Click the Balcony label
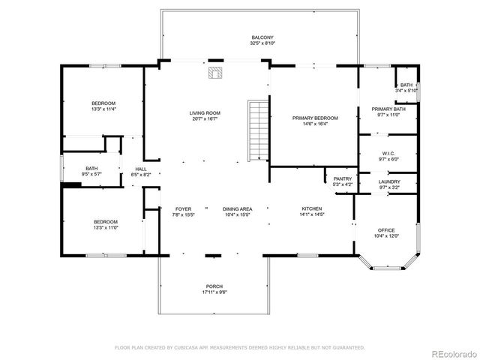pyautogui.click(x=262, y=40)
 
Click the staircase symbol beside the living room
pyautogui.click(x=258, y=130)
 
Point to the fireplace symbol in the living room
pyautogui.click(x=216, y=73)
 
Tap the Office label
pyautogui.click(x=386, y=232)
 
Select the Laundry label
pyautogui.click(x=388, y=184)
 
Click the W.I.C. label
pyautogui.click(x=388, y=156)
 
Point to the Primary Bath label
pyautogui.click(x=388, y=112)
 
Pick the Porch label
pyautogui.click(x=214, y=289)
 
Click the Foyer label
pyautogui.click(x=184, y=211)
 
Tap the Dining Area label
pyautogui.click(x=237, y=211)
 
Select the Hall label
pyautogui.click(x=141, y=171)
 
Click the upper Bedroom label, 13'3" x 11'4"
pyautogui.click(x=103, y=106)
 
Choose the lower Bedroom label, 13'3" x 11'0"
pyautogui.click(x=105, y=224)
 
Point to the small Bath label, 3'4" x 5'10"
pyautogui.click(x=406, y=88)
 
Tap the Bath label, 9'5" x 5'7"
pyautogui.click(x=91, y=171)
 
